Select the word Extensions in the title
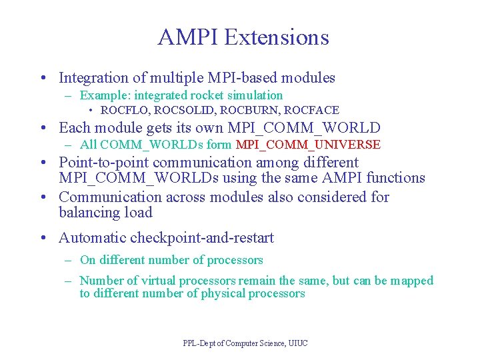[277, 37]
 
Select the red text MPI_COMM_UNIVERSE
[308, 145]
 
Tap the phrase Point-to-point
[104, 163]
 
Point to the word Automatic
[92, 238]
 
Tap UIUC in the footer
[298, 343]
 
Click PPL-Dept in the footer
[199, 343]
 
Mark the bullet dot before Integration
[43, 79]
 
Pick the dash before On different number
[69, 260]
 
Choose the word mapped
[411, 281]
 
